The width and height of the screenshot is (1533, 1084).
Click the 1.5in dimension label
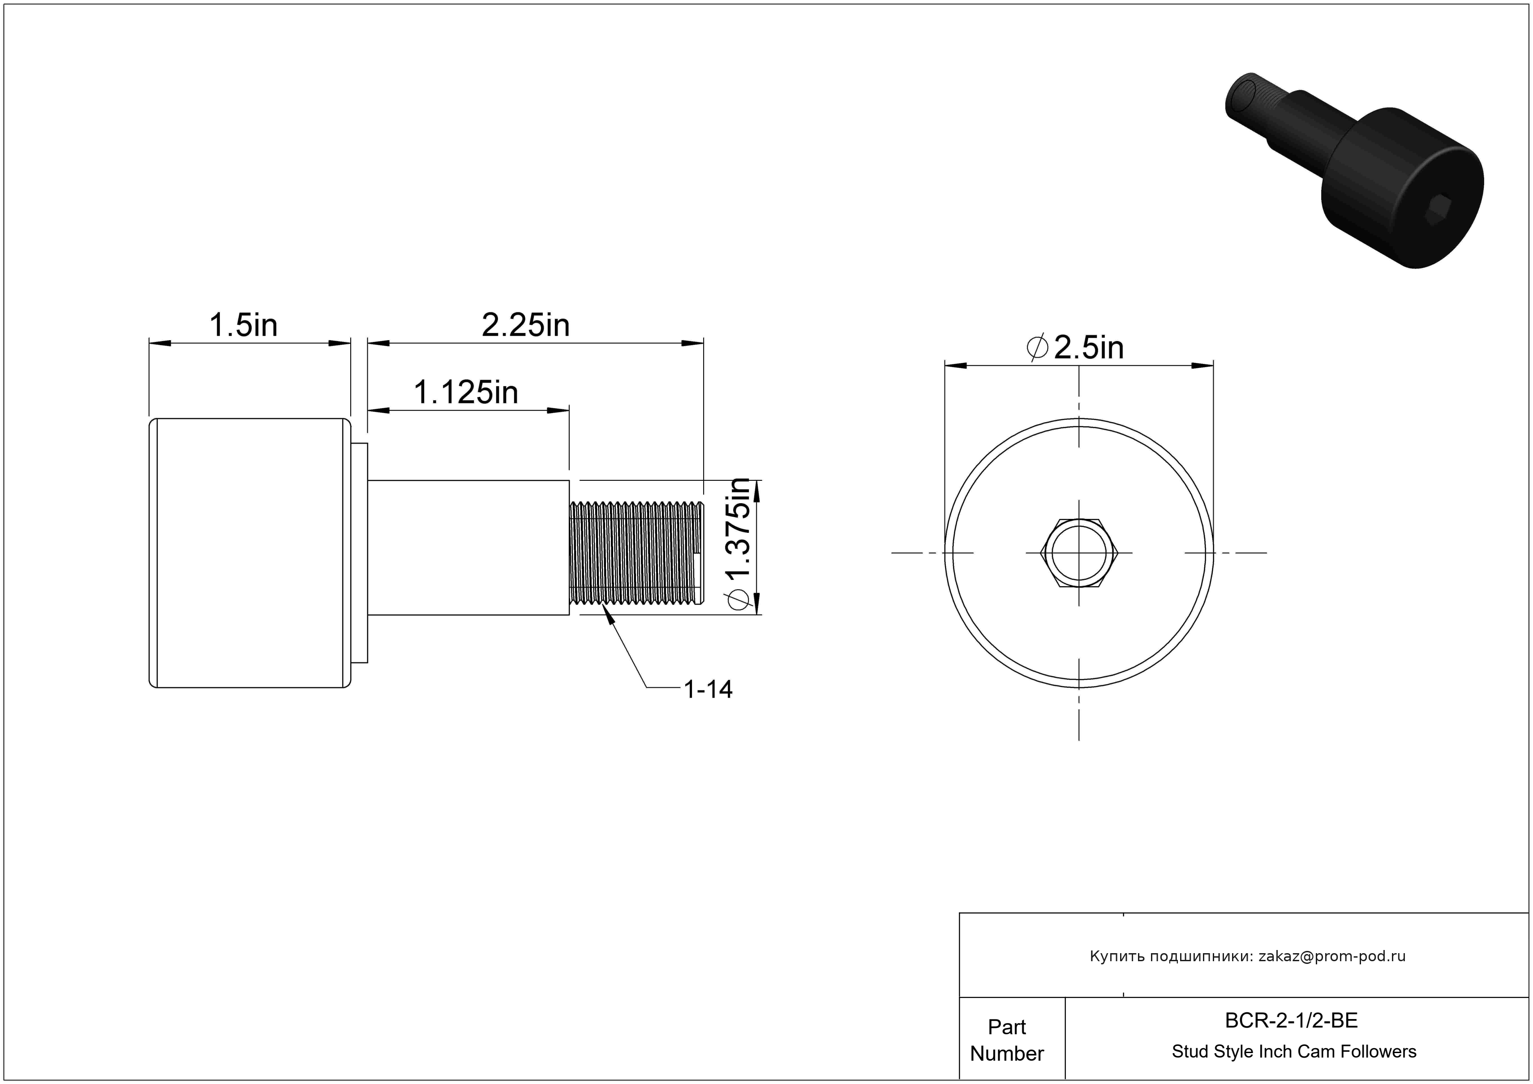coord(243,325)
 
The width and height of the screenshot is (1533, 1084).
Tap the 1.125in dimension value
coord(466,392)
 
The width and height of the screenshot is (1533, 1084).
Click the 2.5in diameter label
coord(1075,347)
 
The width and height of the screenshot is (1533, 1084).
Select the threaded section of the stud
coord(636,553)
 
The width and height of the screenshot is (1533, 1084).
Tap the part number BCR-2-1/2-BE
coord(1291,1020)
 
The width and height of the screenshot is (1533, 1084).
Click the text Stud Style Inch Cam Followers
coord(1294,1051)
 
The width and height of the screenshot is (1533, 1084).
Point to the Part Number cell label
coord(1007,1040)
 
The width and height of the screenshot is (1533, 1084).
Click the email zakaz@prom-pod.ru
coord(1332,956)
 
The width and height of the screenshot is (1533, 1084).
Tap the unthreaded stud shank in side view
coord(468,548)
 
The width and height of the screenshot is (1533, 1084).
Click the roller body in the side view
coord(250,553)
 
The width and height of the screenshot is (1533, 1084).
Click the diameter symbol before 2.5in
coord(1037,347)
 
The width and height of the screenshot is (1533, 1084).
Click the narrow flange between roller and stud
coord(359,553)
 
